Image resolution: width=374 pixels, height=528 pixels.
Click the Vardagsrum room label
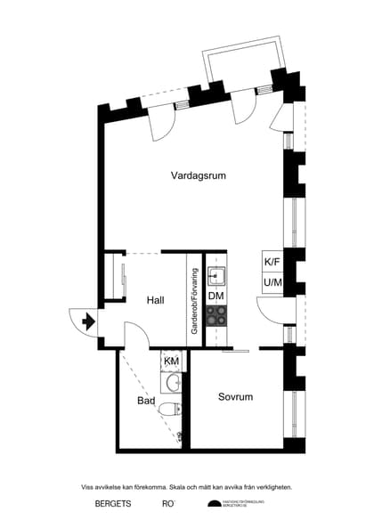(198, 175)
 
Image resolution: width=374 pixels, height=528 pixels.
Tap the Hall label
(156, 300)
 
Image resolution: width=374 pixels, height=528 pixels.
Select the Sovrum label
(235, 397)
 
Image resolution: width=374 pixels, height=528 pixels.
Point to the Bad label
(146, 402)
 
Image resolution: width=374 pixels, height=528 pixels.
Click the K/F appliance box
(272, 262)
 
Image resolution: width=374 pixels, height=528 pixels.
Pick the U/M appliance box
(272, 283)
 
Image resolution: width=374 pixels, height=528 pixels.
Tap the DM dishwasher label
(215, 296)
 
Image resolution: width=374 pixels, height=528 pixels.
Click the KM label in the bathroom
(172, 361)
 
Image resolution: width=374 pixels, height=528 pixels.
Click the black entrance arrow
(87, 321)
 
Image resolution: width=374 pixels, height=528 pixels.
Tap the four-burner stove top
(215, 314)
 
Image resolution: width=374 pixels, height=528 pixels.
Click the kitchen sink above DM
(215, 273)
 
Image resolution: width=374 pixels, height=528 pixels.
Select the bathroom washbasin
(174, 383)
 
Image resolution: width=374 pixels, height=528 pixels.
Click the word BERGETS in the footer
(113, 504)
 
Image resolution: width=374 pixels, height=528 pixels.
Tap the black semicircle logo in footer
(213, 504)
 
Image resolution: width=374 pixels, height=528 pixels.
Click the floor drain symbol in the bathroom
(181, 435)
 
